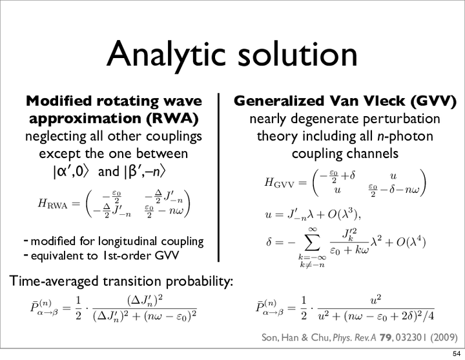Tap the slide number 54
pos(457,354)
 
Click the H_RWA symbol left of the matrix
pos(53,204)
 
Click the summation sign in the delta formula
pos(313,243)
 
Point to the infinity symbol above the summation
pos(313,229)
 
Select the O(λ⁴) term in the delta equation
pos(411,243)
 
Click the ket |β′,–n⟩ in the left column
pos(144,172)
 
